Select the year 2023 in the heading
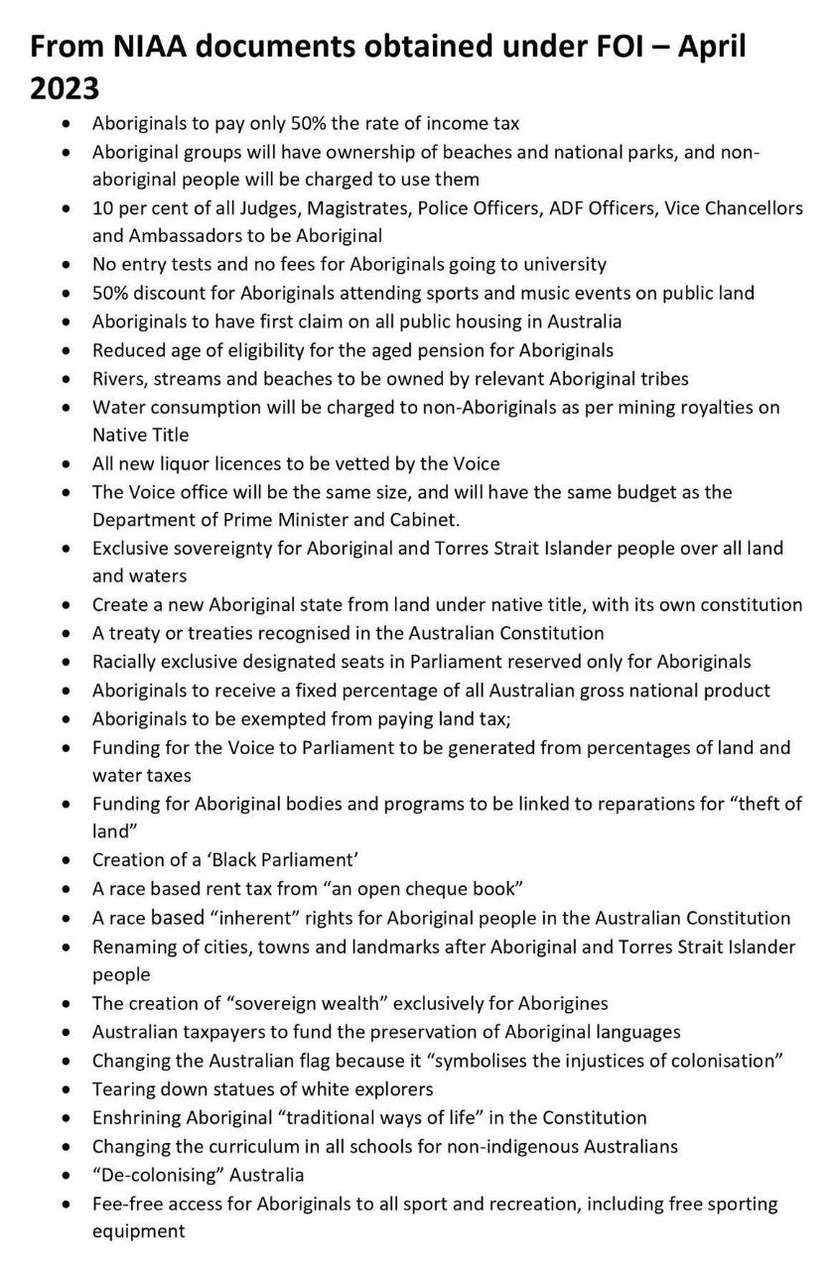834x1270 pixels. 66,88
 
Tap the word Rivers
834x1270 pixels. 119,378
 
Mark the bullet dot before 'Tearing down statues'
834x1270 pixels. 67,1088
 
